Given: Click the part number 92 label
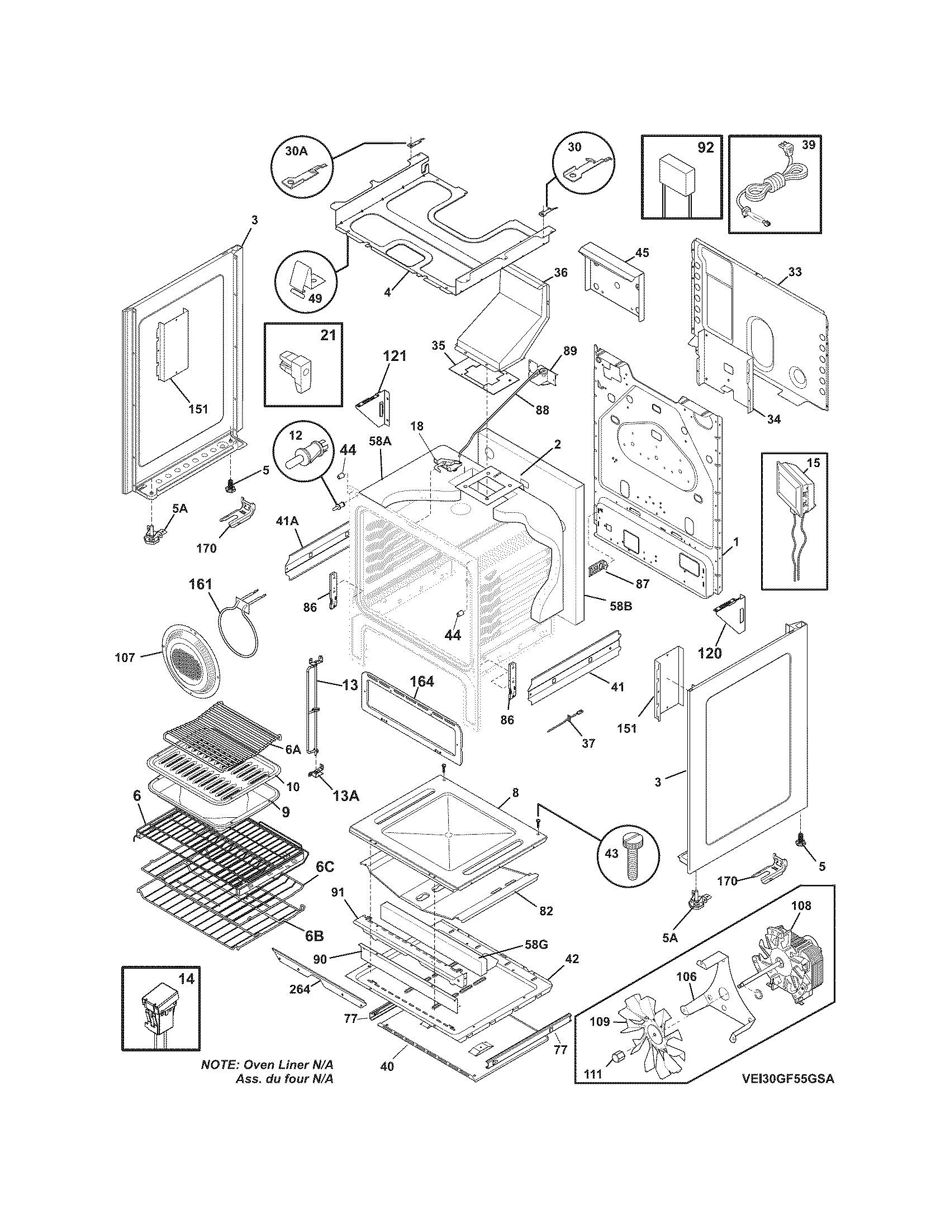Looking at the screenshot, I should pos(705,148).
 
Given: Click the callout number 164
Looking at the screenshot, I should pos(422,682).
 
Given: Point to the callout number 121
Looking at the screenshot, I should pos(395,356).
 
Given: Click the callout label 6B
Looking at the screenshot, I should pos(314,936).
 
